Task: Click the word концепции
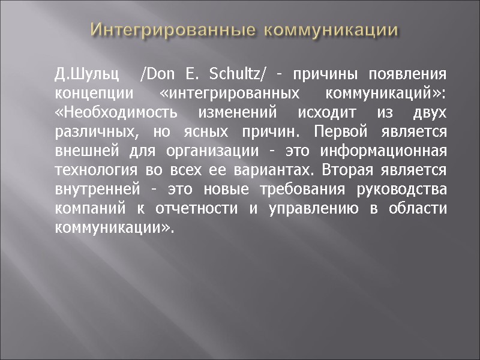86,94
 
